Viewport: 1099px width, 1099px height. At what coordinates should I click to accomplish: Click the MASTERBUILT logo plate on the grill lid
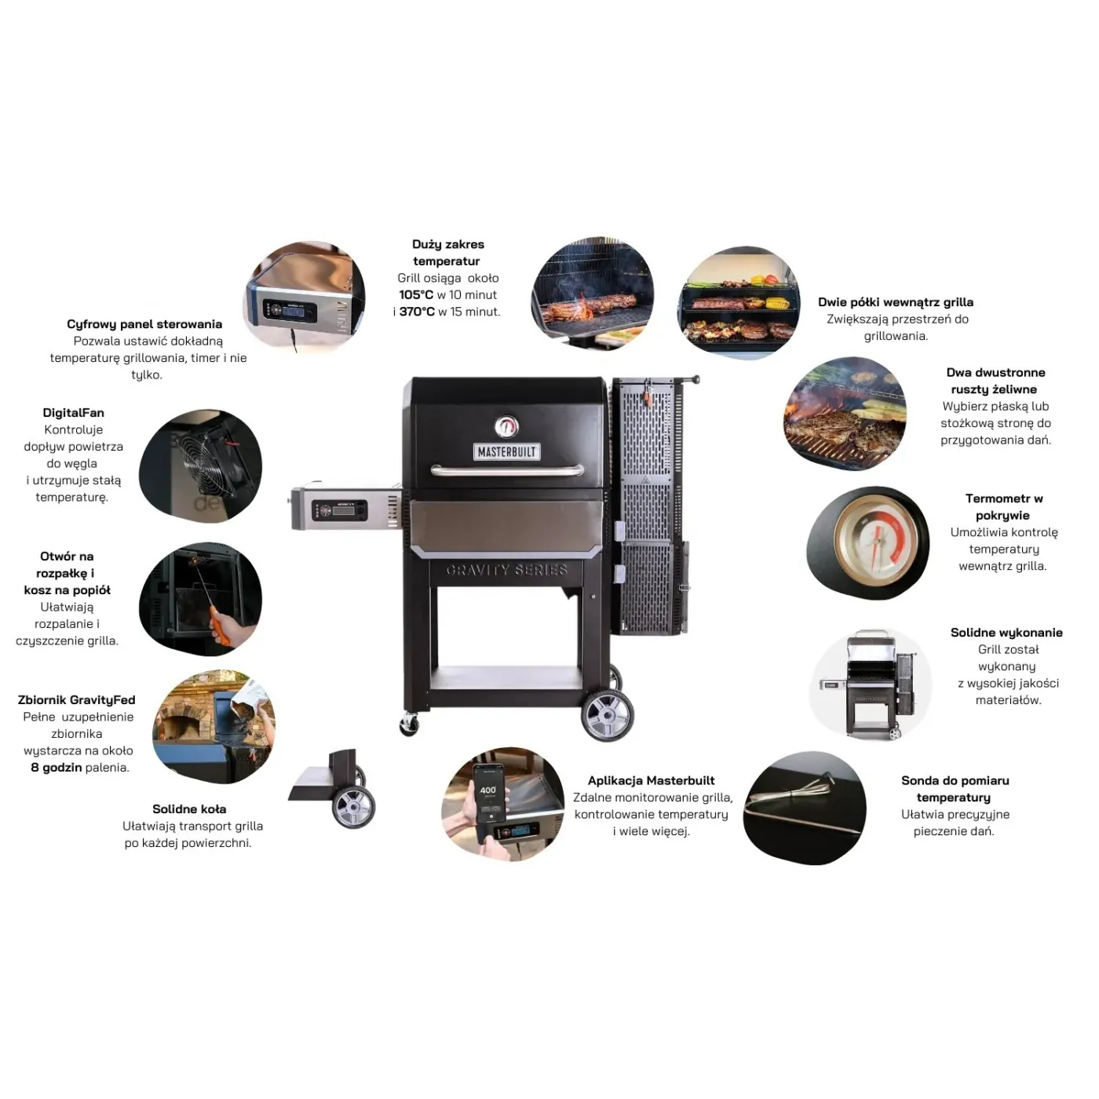(x=506, y=451)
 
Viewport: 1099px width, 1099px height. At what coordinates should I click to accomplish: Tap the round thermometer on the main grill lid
(x=506, y=426)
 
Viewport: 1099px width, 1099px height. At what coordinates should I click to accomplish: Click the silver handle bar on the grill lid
(x=507, y=470)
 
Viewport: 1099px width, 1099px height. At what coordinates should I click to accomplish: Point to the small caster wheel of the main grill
(x=410, y=725)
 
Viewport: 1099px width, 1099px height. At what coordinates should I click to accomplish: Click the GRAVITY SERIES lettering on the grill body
(x=506, y=570)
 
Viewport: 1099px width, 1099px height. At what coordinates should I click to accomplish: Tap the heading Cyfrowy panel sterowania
(x=144, y=324)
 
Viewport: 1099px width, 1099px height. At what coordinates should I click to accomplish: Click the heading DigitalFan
(x=74, y=413)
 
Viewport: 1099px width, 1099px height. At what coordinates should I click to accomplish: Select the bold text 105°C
(x=416, y=295)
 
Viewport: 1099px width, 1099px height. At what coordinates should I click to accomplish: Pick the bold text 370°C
(x=416, y=312)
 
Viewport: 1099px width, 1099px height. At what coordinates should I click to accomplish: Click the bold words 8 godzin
(x=56, y=768)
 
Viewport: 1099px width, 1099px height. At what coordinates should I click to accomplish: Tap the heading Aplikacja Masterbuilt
(x=652, y=781)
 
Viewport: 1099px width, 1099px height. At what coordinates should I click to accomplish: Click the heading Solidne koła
(x=189, y=809)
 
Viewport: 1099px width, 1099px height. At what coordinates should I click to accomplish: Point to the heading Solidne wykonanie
(x=1006, y=633)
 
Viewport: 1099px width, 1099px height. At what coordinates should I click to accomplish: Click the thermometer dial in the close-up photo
(x=877, y=542)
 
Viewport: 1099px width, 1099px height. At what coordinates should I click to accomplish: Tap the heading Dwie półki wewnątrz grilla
(x=896, y=302)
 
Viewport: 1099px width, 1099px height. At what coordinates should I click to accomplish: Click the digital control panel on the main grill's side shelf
(x=340, y=509)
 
